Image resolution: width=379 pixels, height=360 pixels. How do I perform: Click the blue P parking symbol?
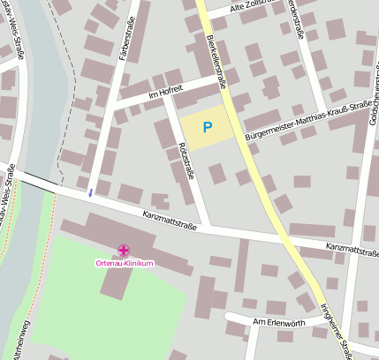coord(207,128)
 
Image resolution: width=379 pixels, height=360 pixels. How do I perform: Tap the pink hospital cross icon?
coord(124,251)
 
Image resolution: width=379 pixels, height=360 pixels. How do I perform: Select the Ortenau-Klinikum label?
coord(125,264)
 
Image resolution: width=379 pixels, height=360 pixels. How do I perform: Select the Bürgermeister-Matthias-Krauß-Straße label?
coord(305,121)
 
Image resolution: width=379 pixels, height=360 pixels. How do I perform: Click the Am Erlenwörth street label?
coord(278,323)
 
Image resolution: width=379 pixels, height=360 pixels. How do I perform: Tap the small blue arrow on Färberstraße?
coord(89,192)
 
